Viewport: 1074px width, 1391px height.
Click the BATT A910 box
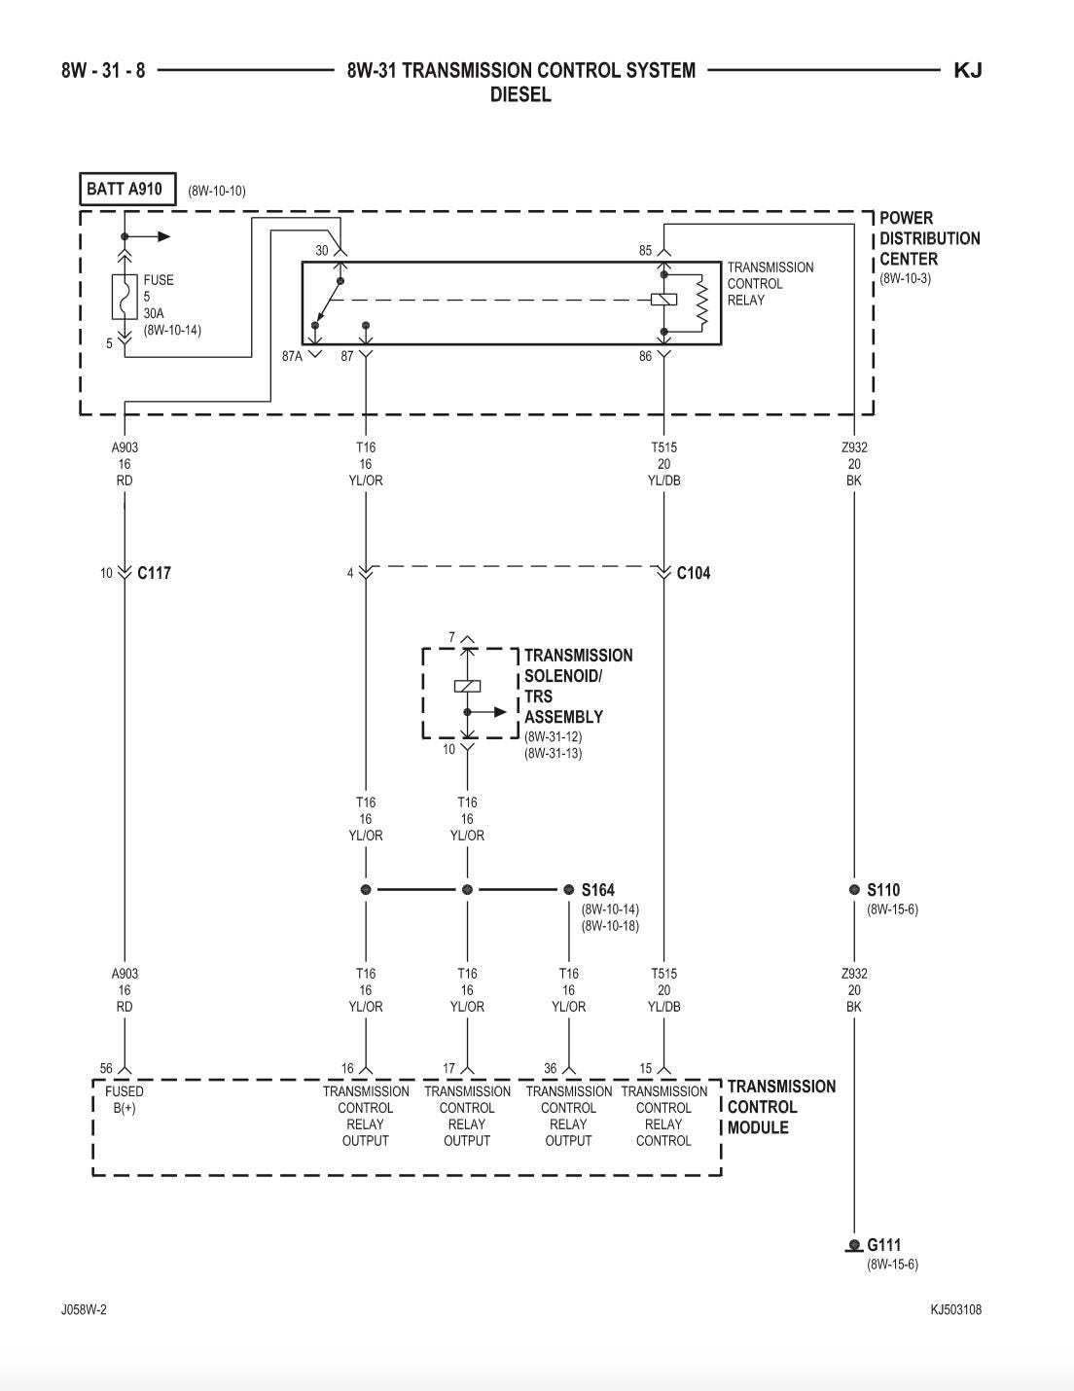(x=126, y=189)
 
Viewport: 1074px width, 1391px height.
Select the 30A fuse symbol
(x=124, y=297)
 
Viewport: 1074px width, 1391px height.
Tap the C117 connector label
(x=154, y=573)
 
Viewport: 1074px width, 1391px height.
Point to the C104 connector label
(x=694, y=573)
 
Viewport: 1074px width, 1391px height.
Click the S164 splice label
(x=597, y=889)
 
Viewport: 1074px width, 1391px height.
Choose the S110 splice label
(x=883, y=889)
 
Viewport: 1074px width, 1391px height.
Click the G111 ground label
(x=883, y=1244)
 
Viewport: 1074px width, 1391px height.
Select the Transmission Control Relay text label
(x=770, y=283)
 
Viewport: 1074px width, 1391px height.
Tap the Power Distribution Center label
(x=929, y=238)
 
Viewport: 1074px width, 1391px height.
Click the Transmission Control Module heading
(x=780, y=1107)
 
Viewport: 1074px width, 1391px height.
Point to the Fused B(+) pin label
(x=125, y=1099)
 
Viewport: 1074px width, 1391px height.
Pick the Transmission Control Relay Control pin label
(x=663, y=1116)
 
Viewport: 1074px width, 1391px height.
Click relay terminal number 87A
(x=292, y=357)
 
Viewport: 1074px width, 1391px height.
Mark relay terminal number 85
(x=645, y=250)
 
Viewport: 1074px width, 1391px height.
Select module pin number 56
(x=106, y=1068)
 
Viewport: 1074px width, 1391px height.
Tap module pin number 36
(x=551, y=1068)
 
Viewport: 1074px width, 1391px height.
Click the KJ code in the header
(x=967, y=70)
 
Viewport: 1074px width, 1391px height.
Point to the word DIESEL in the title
(x=520, y=95)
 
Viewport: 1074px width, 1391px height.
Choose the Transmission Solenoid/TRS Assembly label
(x=578, y=686)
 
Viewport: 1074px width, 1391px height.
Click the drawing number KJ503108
(x=955, y=1309)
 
